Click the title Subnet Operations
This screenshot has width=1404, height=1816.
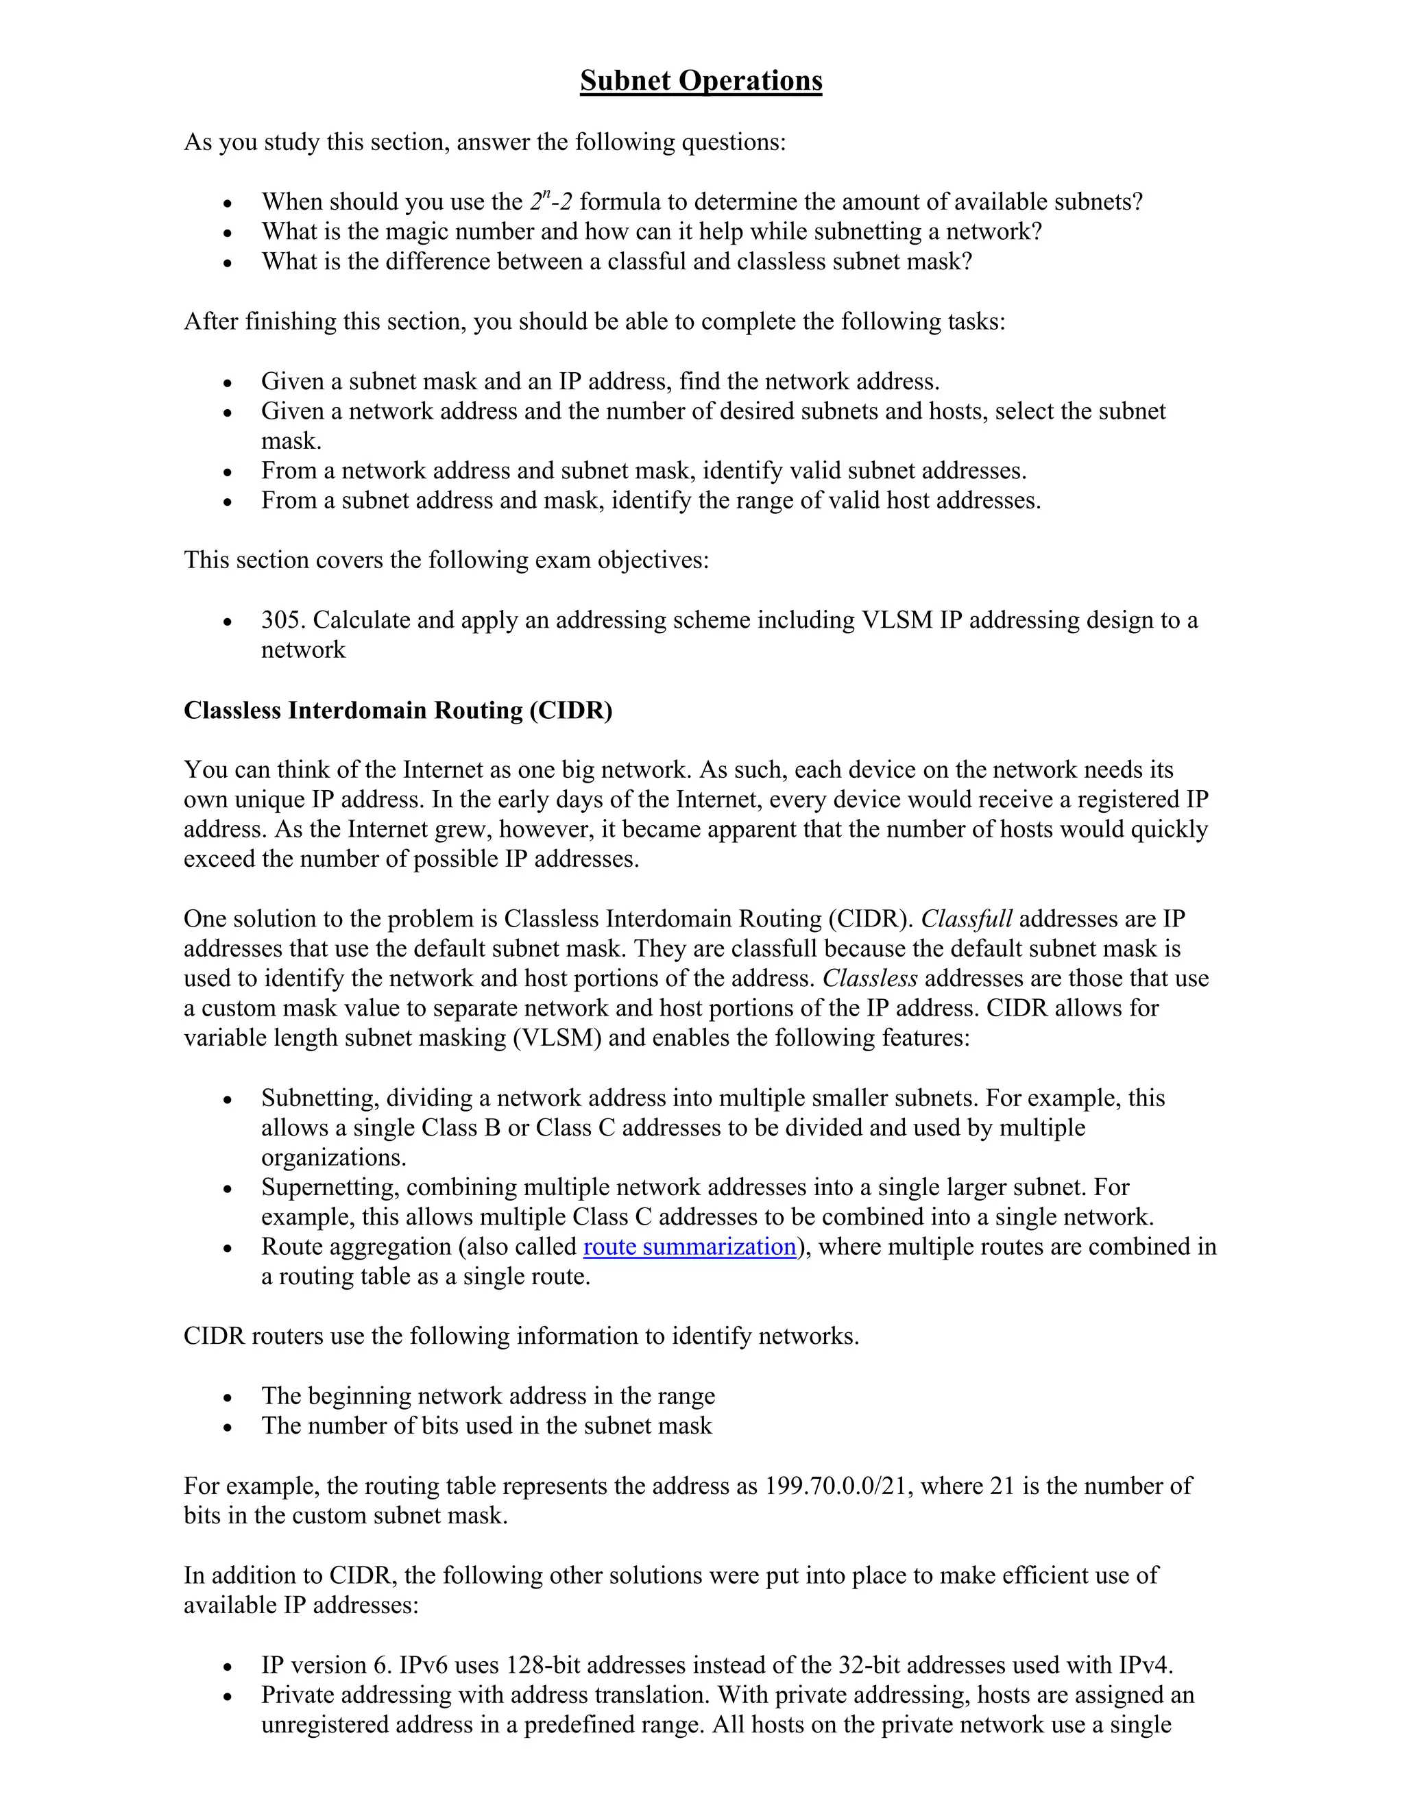click(x=701, y=81)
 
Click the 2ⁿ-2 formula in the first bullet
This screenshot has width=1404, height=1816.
click(x=550, y=201)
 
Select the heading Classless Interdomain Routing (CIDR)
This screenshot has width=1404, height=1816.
click(x=398, y=710)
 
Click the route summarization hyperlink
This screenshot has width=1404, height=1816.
click(x=690, y=1247)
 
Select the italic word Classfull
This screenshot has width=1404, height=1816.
click(x=966, y=919)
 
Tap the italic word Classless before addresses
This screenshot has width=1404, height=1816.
click(x=870, y=979)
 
